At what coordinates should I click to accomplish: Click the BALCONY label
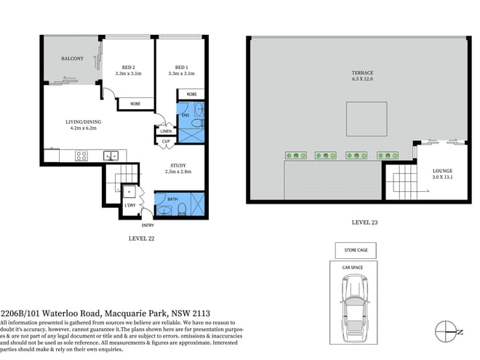click(x=71, y=58)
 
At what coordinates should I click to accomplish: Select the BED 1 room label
click(x=182, y=66)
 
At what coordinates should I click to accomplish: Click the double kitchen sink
click(x=111, y=154)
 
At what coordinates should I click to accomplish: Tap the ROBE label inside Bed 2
click(x=135, y=104)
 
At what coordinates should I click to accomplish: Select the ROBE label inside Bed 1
click(x=192, y=95)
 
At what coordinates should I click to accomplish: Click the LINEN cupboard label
click(x=166, y=131)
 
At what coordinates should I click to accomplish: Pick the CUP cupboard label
click(x=166, y=141)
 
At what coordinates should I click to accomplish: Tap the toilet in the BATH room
click(x=183, y=209)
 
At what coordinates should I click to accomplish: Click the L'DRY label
click(x=131, y=206)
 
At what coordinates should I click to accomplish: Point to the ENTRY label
click(x=148, y=225)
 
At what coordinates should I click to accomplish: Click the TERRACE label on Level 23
click(x=362, y=73)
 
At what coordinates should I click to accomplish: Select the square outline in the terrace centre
click(x=361, y=118)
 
